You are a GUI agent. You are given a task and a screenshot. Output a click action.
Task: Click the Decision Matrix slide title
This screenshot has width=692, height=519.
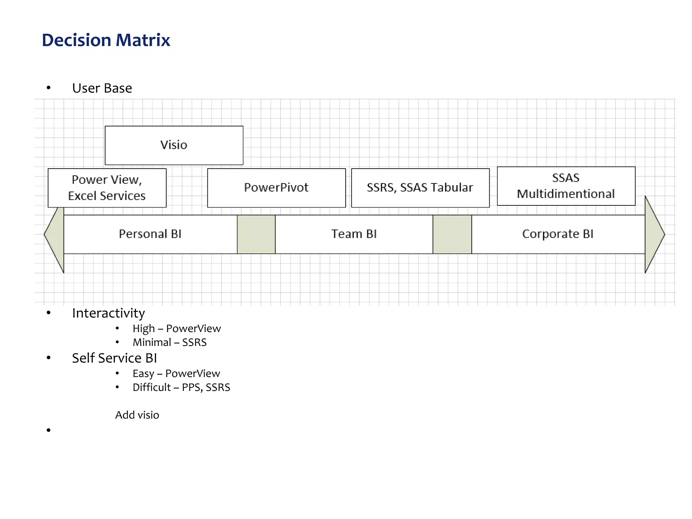(x=106, y=40)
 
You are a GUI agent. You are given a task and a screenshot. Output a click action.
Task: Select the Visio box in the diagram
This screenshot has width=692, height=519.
(x=174, y=145)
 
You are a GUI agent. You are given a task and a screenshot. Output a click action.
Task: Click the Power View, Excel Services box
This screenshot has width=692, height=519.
(x=107, y=188)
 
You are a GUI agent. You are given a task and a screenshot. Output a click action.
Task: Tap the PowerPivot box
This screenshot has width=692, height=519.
(x=276, y=188)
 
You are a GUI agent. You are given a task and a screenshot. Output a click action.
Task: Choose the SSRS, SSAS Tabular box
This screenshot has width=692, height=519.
(x=420, y=188)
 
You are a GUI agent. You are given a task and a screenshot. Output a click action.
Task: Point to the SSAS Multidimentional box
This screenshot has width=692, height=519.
(x=566, y=186)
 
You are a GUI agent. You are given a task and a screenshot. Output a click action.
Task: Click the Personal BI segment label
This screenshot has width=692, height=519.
(x=150, y=234)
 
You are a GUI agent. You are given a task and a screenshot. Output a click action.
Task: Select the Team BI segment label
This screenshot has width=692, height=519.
(x=354, y=234)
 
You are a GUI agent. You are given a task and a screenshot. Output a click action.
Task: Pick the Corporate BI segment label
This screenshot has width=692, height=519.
(x=558, y=234)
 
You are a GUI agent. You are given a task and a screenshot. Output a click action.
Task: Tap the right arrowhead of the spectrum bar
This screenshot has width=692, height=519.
(x=653, y=234)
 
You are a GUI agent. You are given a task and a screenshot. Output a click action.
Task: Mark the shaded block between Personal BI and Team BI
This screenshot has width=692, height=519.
(x=256, y=234)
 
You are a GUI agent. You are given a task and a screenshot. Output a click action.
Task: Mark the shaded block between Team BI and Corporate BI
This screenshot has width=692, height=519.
(x=452, y=234)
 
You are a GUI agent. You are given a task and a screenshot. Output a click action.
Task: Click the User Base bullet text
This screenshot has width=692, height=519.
(x=102, y=88)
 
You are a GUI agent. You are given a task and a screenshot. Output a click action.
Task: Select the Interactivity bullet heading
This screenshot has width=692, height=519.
(x=108, y=313)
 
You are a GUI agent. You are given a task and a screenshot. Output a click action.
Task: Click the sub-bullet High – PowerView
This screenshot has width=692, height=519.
(x=176, y=328)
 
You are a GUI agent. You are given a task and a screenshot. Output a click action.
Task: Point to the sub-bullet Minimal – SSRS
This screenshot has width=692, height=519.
(x=169, y=342)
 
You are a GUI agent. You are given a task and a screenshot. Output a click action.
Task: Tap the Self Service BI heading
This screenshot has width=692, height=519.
(x=114, y=358)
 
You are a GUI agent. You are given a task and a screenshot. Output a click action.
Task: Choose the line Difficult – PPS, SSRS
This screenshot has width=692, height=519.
(x=181, y=387)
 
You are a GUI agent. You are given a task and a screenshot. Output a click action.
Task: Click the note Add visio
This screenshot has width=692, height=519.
(x=137, y=415)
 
